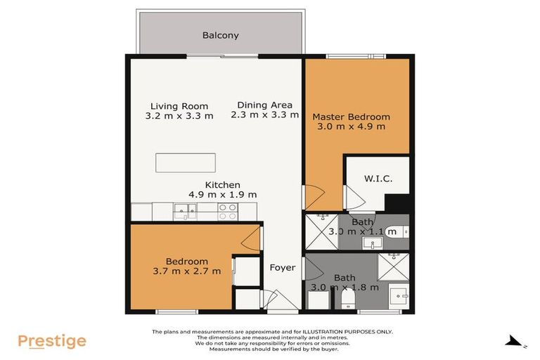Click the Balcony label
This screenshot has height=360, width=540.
tap(221, 35)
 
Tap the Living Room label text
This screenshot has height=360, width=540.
tap(179, 106)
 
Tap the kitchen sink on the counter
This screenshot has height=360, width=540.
tap(186, 209)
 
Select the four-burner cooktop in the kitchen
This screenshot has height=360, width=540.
tap(227, 212)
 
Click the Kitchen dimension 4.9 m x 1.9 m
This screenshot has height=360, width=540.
tap(222, 194)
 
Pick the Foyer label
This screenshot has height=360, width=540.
tap(282, 267)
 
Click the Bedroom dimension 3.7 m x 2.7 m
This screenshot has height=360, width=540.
tap(186, 271)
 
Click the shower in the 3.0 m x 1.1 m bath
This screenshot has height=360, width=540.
tap(321, 231)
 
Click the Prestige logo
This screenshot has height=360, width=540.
tap(52, 342)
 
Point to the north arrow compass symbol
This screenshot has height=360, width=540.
tap(515, 342)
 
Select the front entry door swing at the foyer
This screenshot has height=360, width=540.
tap(276, 301)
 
